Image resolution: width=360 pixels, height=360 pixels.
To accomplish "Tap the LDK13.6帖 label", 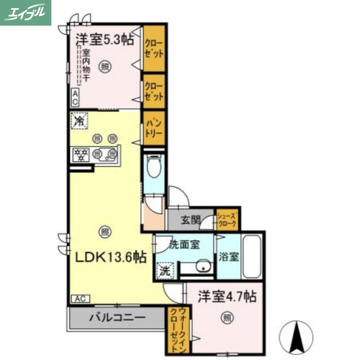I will point(110,257).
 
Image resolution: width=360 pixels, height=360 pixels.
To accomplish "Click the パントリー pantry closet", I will point(153,127).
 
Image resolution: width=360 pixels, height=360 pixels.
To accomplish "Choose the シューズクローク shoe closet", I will point(228,219).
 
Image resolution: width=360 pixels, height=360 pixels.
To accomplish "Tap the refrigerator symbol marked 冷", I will point(79,121).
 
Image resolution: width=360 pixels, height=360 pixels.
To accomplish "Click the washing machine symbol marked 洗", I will point(165,270).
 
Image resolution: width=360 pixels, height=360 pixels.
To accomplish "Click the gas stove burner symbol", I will point(81,155).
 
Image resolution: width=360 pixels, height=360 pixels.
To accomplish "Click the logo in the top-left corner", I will point(26,13).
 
